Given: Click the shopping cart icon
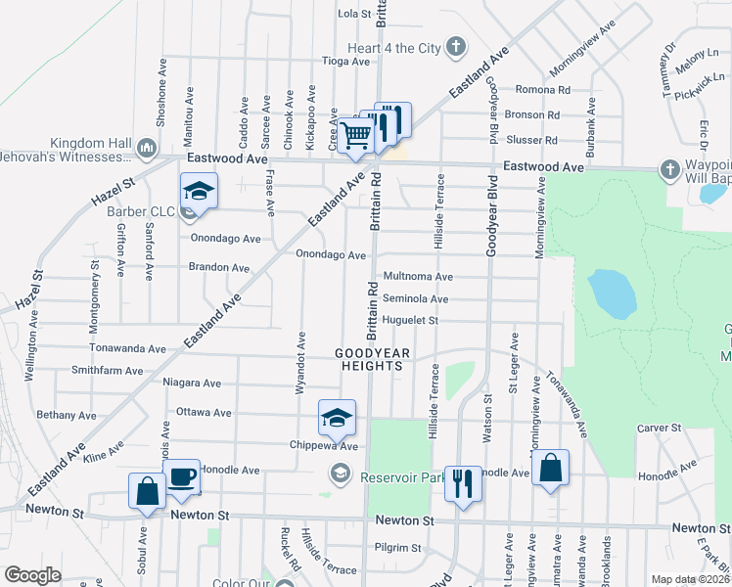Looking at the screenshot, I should click(355, 135).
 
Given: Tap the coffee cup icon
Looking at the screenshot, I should click(181, 476).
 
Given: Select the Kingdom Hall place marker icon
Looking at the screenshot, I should click(147, 149).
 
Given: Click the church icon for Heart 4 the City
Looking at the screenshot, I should click(455, 46).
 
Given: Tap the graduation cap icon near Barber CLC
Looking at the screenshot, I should click(199, 191).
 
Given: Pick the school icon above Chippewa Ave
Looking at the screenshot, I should click(337, 419).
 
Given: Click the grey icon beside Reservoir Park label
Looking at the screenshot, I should click(340, 475).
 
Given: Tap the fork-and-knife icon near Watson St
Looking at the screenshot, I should click(463, 482).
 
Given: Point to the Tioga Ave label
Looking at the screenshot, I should click(346, 61).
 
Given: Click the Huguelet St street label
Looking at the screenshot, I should click(410, 320).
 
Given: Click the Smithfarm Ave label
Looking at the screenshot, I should click(108, 372).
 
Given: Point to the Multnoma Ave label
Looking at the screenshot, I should click(418, 277).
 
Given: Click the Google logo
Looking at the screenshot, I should click(32, 575).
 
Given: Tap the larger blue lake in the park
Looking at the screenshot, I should click(608, 293).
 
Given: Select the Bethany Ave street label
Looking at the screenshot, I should click(67, 416).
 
